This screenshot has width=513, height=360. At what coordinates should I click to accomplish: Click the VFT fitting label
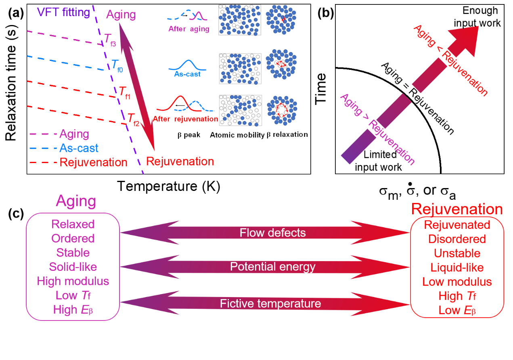[x=63, y=12]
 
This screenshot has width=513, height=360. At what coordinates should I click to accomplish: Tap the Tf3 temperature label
[x=110, y=40]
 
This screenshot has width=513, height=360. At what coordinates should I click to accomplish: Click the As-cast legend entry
[x=79, y=148]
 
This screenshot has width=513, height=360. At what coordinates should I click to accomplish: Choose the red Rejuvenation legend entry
[x=93, y=162]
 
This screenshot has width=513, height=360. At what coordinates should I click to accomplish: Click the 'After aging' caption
[x=189, y=29]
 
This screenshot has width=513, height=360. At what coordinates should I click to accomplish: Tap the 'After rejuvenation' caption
[x=185, y=119]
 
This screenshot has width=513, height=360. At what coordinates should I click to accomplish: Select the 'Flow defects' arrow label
[x=272, y=233]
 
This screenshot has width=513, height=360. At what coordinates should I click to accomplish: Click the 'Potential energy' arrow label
[x=272, y=267]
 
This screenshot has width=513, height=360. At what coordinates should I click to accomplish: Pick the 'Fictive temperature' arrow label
[x=270, y=303]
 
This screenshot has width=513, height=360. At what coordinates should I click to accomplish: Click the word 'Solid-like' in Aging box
[x=73, y=267]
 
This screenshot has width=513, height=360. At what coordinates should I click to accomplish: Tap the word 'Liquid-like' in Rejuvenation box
[x=457, y=268]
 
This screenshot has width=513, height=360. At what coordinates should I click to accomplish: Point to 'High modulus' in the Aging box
[x=73, y=281]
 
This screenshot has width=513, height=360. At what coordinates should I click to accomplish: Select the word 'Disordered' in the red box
[x=457, y=239]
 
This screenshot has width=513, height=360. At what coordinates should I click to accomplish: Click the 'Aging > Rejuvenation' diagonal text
[x=377, y=129]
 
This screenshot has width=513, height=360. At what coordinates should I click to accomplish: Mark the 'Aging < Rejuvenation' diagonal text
[x=451, y=61]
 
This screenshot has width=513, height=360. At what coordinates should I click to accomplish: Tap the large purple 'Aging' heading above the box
[x=76, y=201]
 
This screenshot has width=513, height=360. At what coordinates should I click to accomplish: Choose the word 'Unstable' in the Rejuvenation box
[x=457, y=253]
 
